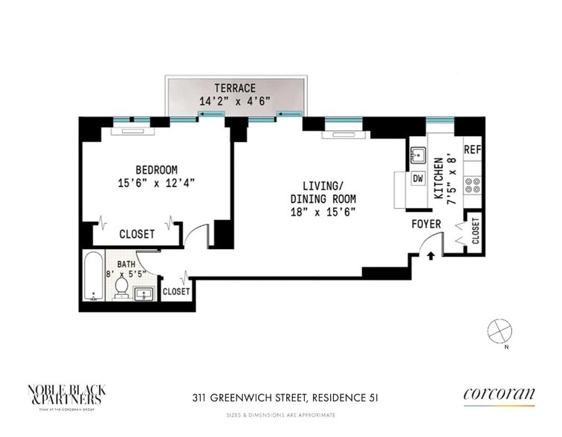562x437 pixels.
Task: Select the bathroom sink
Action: click(x=144, y=295)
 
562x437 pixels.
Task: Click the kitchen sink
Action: click(x=417, y=155)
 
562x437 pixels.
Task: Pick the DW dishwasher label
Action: click(x=418, y=179)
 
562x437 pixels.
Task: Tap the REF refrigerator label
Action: click(x=472, y=149)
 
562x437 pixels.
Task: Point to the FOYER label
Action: click(x=426, y=224)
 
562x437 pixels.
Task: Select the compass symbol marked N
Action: click(x=497, y=329)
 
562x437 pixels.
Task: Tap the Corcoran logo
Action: click(x=498, y=394)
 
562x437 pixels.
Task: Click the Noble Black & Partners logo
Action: click(x=64, y=393)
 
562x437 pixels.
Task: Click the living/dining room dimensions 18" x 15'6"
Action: click(x=323, y=212)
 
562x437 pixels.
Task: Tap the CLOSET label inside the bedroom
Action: click(x=137, y=234)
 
